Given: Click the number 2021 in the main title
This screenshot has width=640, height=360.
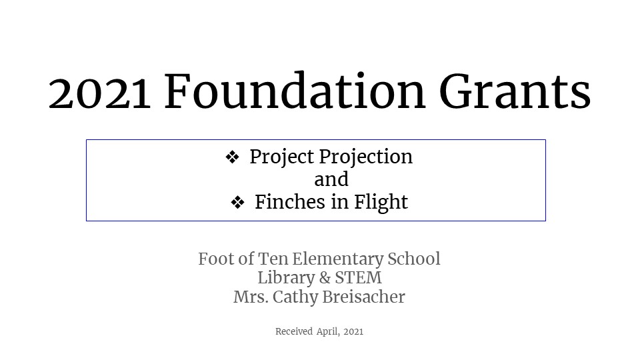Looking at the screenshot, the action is [99, 93].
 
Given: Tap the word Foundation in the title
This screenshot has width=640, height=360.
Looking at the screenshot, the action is [295, 91].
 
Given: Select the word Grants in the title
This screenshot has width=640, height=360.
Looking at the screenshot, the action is [515, 91].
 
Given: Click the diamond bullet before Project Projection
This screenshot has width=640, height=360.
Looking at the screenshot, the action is [232, 157].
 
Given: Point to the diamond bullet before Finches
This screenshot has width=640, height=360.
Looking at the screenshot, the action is [237, 203].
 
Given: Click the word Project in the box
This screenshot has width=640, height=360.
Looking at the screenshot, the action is [282, 157].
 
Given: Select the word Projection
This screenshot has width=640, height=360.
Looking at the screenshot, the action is [366, 157].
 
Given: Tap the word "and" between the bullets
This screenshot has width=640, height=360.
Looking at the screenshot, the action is [331, 179].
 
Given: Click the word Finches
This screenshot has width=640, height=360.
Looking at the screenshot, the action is [290, 202].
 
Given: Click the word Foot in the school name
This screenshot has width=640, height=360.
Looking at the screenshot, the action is [215, 259].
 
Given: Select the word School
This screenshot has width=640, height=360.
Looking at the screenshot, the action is [414, 259].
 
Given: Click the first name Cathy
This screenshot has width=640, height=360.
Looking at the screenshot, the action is [295, 297].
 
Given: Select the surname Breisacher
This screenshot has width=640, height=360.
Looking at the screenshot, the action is [364, 297].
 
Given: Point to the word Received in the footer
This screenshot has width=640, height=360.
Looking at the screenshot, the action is [294, 331].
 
